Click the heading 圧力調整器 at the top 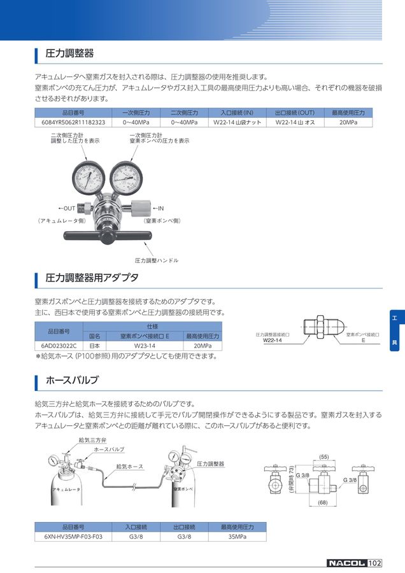70,53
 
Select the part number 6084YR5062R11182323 73,122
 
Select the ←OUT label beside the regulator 67,208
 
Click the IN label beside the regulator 159,208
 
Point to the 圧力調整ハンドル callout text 157,260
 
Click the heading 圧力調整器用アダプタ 92,278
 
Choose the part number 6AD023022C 59,346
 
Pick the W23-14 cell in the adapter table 145,346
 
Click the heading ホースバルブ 72,381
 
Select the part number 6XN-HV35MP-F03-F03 73,537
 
